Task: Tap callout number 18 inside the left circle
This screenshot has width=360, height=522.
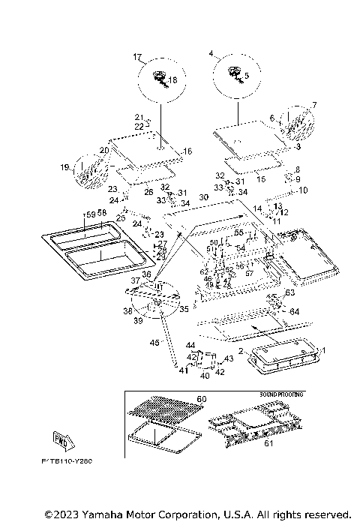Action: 172,80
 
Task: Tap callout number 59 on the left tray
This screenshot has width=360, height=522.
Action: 90,214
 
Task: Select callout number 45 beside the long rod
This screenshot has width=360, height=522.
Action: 154,342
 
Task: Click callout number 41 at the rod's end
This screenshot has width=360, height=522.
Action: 183,370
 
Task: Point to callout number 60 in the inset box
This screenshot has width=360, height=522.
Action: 200,398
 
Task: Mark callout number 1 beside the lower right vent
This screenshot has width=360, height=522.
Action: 325,350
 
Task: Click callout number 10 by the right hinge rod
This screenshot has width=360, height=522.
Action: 304,190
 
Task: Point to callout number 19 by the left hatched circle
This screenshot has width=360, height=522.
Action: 64,166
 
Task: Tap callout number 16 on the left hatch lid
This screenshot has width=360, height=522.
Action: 187,151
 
